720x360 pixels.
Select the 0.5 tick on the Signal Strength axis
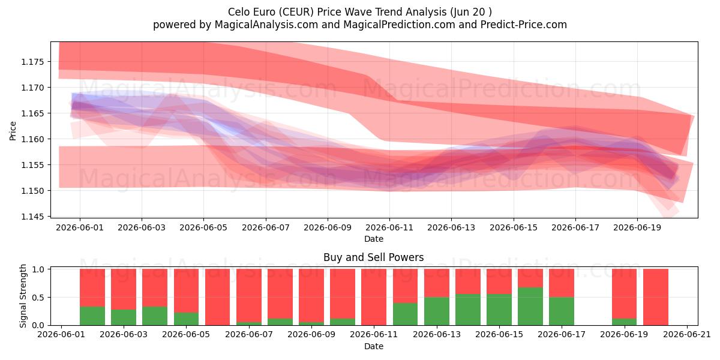pyautogui.click(x=39, y=298)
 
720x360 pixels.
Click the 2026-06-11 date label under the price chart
pyautogui.click(x=389, y=227)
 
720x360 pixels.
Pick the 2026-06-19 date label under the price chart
pyautogui.click(x=637, y=227)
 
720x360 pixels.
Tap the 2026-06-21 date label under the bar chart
pyautogui.click(x=687, y=335)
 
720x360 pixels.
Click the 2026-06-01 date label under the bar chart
pyautogui.click(x=61, y=335)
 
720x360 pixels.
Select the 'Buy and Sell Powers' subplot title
pyautogui.click(x=373, y=257)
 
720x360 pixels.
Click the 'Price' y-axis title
pyautogui.click(x=13, y=131)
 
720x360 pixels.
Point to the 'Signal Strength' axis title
pyautogui.click(x=23, y=296)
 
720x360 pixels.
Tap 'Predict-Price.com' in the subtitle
pyautogui.click(x=524, y=25)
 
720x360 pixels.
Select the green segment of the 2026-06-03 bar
pyautogui.click(x=124, y=317)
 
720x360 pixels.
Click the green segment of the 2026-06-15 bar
pyautogui.click(x=499, y=310)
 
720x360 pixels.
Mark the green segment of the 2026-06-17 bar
pyautogui.click(x=561, y=311)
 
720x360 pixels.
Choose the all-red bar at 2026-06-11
pyautogui.click(x=373, y=297)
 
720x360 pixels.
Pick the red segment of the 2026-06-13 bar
pyautogui.click(x=437, y=283)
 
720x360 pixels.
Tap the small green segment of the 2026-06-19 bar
pyautogui.click(x=624, y=322)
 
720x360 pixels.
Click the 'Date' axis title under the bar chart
pyautogui.click(x=373, y=347)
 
